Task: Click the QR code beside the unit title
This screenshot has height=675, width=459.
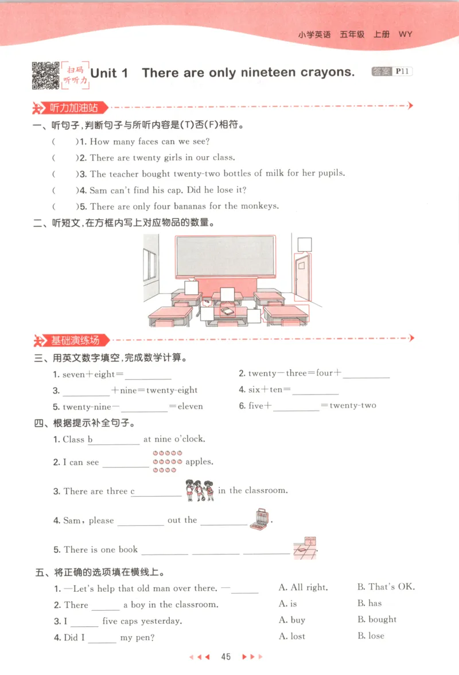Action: point(45,75)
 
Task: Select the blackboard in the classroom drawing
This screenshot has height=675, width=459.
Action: point(225,256)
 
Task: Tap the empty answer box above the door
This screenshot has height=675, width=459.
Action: point(305,244)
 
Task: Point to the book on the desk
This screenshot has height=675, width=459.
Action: point(227,311)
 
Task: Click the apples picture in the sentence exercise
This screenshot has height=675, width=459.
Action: point(168,462)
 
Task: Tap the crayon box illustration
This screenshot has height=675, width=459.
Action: point(259,519)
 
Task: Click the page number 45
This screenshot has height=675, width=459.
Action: point(225,657)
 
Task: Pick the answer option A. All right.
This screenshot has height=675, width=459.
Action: point(303,587)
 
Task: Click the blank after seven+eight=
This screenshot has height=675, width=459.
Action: point(148,375)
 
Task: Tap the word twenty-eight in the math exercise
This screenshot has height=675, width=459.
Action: point(172,391)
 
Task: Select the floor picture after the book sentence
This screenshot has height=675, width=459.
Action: point(305,548)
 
